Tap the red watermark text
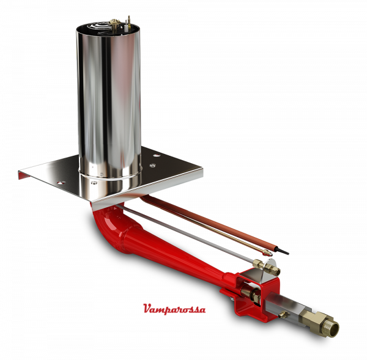coord(174,309)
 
